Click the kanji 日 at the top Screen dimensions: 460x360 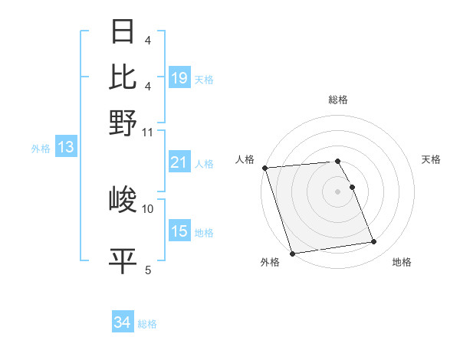click(x=123, y=32)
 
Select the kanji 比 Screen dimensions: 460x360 click(x=123, y=77)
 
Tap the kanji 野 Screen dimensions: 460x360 click(x=123, y=122)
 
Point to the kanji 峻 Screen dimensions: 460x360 click(x=123, y=201)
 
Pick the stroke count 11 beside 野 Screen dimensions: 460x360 click(x=148, y=132)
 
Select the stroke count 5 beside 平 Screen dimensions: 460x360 click(x=148, y=270)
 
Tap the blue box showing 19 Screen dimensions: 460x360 click(x=179, y=78)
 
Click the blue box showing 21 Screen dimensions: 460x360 click(x=179, y=162)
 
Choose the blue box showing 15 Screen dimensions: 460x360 click(x=179, y=231)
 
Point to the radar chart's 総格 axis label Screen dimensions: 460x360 click(x=338, y=100)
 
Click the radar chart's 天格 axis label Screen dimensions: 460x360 click(x=431, y=159)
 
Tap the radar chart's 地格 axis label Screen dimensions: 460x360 click(x=402, y=262)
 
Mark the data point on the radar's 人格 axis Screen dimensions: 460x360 click(x=264, y=168)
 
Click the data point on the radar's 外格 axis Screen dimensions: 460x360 click(x=292, y=253)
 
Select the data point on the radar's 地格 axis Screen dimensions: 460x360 click(x=374, y=242)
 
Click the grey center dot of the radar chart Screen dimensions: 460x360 click(x=338, y=191)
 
